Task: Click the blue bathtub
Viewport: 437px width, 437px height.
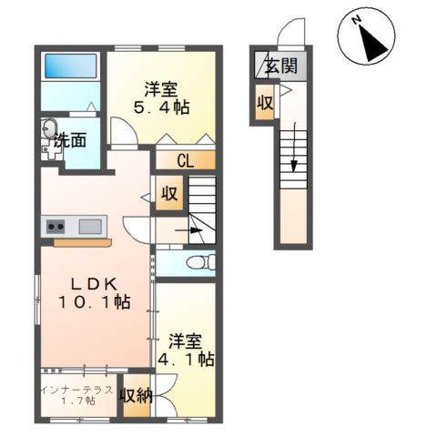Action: click(x=70, y=66)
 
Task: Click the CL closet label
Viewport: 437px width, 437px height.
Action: click(x=186, y=162)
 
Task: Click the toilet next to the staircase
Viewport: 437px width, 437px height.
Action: click(x=197, y=262)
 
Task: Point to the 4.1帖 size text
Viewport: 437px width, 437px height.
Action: click(x=189, y=360)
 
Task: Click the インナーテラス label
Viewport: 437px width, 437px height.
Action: click(x=77, y=390)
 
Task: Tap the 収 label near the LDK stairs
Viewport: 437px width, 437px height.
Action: click(x=169, y=194)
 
